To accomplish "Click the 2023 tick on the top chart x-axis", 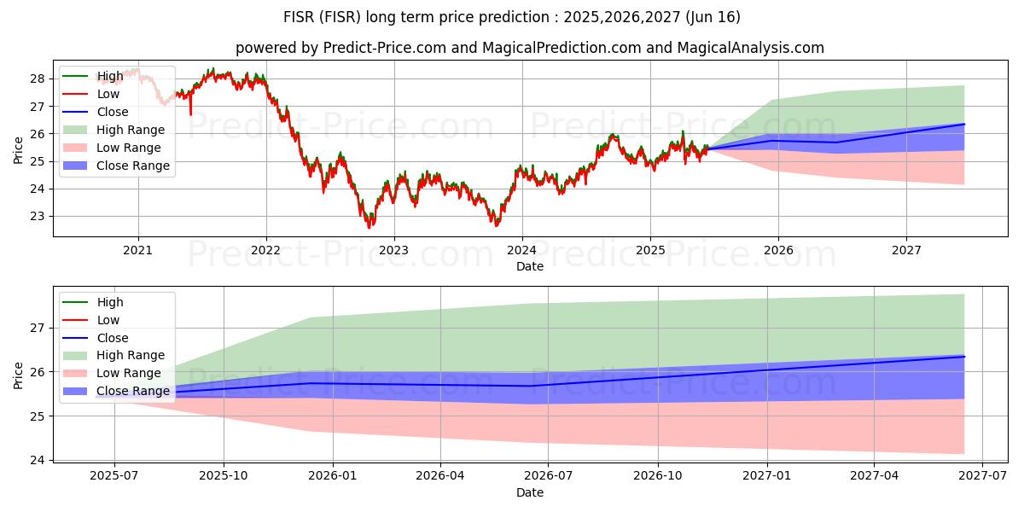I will point(393,250).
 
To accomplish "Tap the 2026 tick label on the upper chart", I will point(778,250).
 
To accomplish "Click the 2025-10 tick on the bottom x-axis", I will point(224,476).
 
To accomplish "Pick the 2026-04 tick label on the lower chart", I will point(440,476).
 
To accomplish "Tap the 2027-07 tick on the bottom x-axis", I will point(982,476).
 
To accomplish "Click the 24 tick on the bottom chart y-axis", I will point(39,460).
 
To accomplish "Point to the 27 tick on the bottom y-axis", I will point(39,328).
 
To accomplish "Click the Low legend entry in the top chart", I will point(108,94).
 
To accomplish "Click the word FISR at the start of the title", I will point(301,17).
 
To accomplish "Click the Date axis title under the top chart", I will point(529,266).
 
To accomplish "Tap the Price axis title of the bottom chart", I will point(18,375).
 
